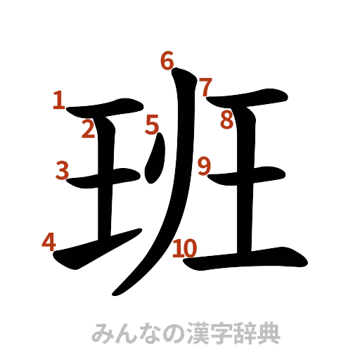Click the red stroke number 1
59,101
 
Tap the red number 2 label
88,130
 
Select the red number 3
63,169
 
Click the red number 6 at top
167,62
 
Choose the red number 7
205,88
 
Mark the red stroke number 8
226,120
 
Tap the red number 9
204,166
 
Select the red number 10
185,247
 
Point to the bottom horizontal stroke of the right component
246,259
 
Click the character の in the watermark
162,331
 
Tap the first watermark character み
101,331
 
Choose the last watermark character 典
268,331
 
